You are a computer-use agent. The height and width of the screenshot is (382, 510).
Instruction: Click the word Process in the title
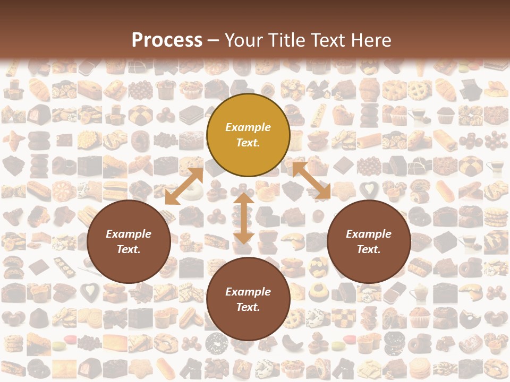167,40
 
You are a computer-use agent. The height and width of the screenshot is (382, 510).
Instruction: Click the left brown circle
129,241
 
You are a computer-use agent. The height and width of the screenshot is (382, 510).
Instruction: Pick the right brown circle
369,241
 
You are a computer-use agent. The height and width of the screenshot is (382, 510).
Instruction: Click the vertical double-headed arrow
243,219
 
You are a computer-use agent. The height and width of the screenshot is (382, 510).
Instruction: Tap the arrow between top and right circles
312,181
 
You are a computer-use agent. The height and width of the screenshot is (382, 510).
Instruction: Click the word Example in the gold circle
248,127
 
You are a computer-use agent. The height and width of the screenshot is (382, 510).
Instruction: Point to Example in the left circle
129,234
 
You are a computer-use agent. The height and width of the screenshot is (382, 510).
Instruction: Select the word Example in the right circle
369,234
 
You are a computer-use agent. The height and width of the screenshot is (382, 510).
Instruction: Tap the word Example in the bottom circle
248,292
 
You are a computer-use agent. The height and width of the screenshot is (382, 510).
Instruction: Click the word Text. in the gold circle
248,143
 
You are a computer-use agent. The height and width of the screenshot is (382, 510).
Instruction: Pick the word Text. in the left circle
129,249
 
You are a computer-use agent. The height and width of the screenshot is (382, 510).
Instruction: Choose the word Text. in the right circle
369,249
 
